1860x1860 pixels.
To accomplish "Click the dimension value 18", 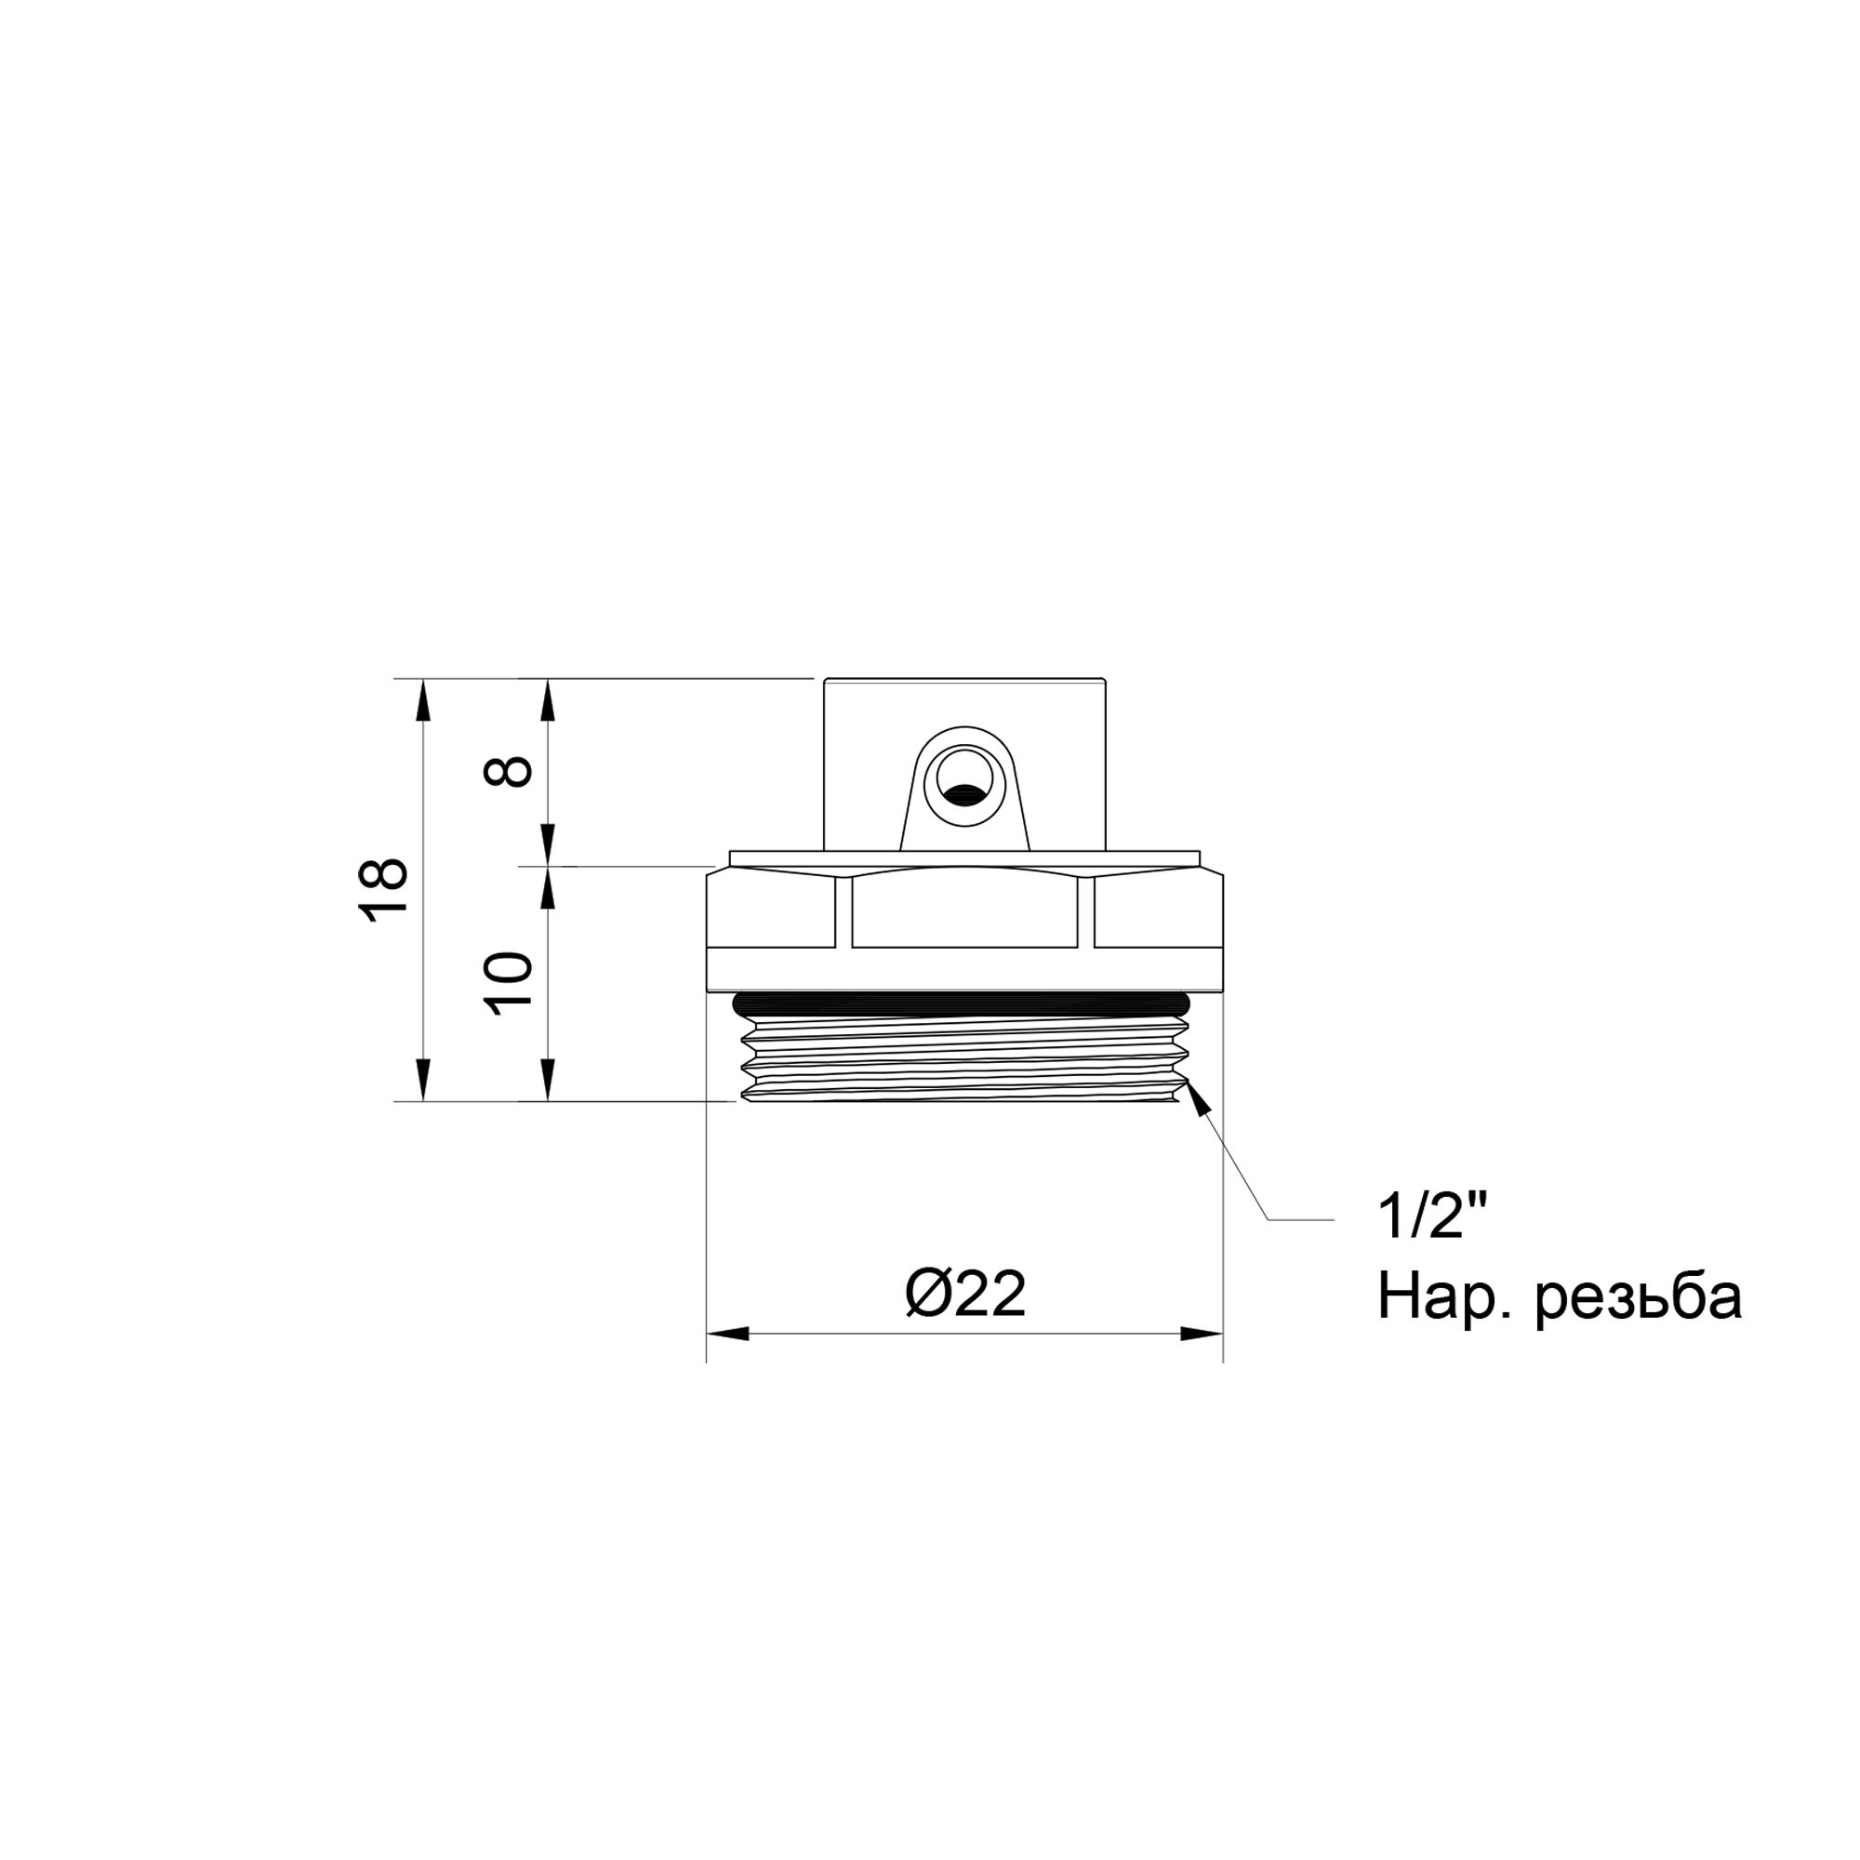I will click(386, 890).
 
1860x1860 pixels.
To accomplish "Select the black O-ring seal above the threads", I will click(963, 1003).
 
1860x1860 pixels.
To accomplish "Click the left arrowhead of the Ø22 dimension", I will click(728, 1335).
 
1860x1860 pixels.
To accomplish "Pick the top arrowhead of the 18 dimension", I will click(421, 701).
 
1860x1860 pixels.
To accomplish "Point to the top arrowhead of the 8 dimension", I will click(548, 701).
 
